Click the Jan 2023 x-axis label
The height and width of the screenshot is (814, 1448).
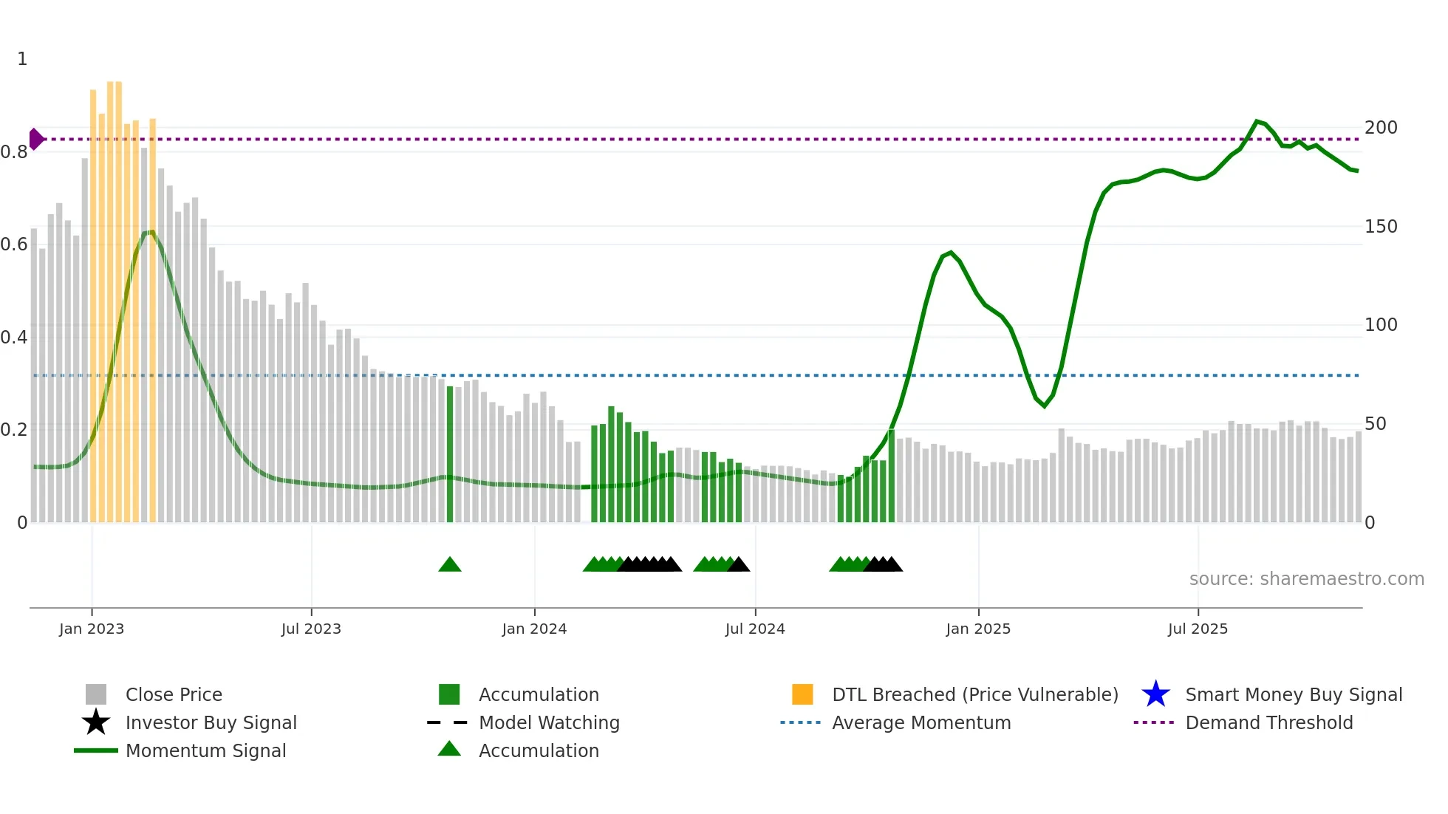coord(92,629)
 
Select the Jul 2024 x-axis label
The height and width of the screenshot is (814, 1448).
coord(755,629)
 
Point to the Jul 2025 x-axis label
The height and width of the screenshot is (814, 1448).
coord(1198,629)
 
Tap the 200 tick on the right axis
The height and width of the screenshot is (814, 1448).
coord(1381,128)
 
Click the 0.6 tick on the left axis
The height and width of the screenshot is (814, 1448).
coord(15,244)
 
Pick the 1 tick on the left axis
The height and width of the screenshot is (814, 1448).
coord(22,59)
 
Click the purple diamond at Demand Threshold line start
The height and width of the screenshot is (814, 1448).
coord(36,139)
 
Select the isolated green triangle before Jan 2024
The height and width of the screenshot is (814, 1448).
coord(450,565)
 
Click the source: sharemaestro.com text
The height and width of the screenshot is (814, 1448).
coord(1306,579)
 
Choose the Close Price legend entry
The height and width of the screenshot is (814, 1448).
coord(174,694)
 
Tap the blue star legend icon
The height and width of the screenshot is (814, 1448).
coord(1155,694)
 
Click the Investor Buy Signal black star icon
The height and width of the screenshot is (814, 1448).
coord(96,722)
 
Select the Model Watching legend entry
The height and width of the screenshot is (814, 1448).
coord(549,722)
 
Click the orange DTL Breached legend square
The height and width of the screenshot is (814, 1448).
coord(802,694)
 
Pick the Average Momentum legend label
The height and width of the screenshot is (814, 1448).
coord(921,722)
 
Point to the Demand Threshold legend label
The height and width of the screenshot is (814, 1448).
coord(1268,722)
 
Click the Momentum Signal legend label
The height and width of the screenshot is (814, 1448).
coord(205,750)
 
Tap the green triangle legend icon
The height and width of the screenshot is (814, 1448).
coord(449,749)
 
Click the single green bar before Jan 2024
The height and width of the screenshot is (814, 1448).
coord(450,454)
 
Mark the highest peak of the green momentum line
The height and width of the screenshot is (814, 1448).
coord(1257,121)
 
